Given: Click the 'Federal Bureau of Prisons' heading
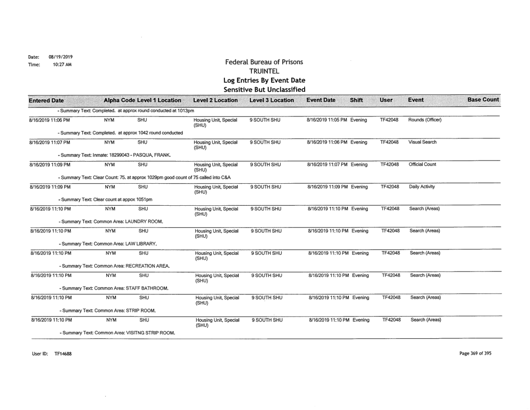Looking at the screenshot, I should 263,62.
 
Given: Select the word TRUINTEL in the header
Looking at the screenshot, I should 263,71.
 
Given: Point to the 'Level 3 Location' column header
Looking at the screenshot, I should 271,100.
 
